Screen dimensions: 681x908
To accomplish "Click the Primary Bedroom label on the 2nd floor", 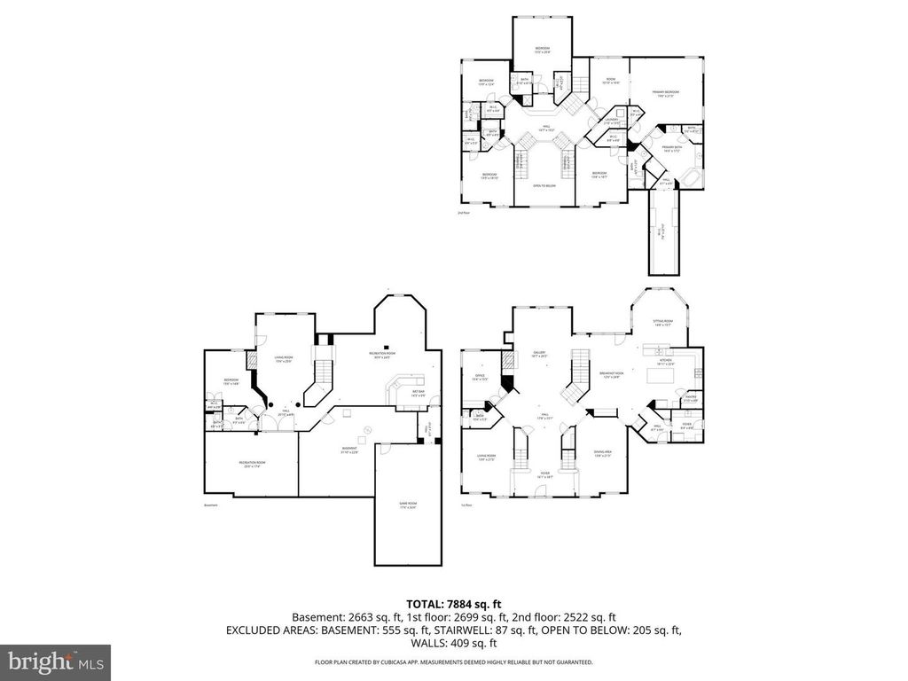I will pyautogui.click(x=664, y=93).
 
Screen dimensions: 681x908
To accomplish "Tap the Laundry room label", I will pyautogui.click(x=610, y=121).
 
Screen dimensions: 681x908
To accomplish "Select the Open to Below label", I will pyautogui.click(x=544, y=185).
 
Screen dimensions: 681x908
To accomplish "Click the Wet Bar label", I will pyautogui.click(x=417, y=395).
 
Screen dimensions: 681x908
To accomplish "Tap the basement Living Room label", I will pyautogui.click(x=283, y=358).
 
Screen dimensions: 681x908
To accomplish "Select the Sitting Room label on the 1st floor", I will pyautogui.click(x=663, y=324).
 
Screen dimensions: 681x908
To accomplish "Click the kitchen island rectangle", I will pyautogui.click(x=661, y=376).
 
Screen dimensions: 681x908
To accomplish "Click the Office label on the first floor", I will pyautogui.click(x=479, y=377).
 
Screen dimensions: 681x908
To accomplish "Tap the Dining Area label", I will pyautogui.click(x=603, y=454).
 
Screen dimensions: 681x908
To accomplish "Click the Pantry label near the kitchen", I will pyautogui.click(x=690, y=401).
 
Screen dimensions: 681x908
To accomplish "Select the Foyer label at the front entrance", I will pyautogui.click(x=544, y=474).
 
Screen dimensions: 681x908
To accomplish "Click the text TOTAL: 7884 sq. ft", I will pyautogui.click(x=453, y=603).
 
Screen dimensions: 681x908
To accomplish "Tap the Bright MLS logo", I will pyautogui.click(x=55, y=661).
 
